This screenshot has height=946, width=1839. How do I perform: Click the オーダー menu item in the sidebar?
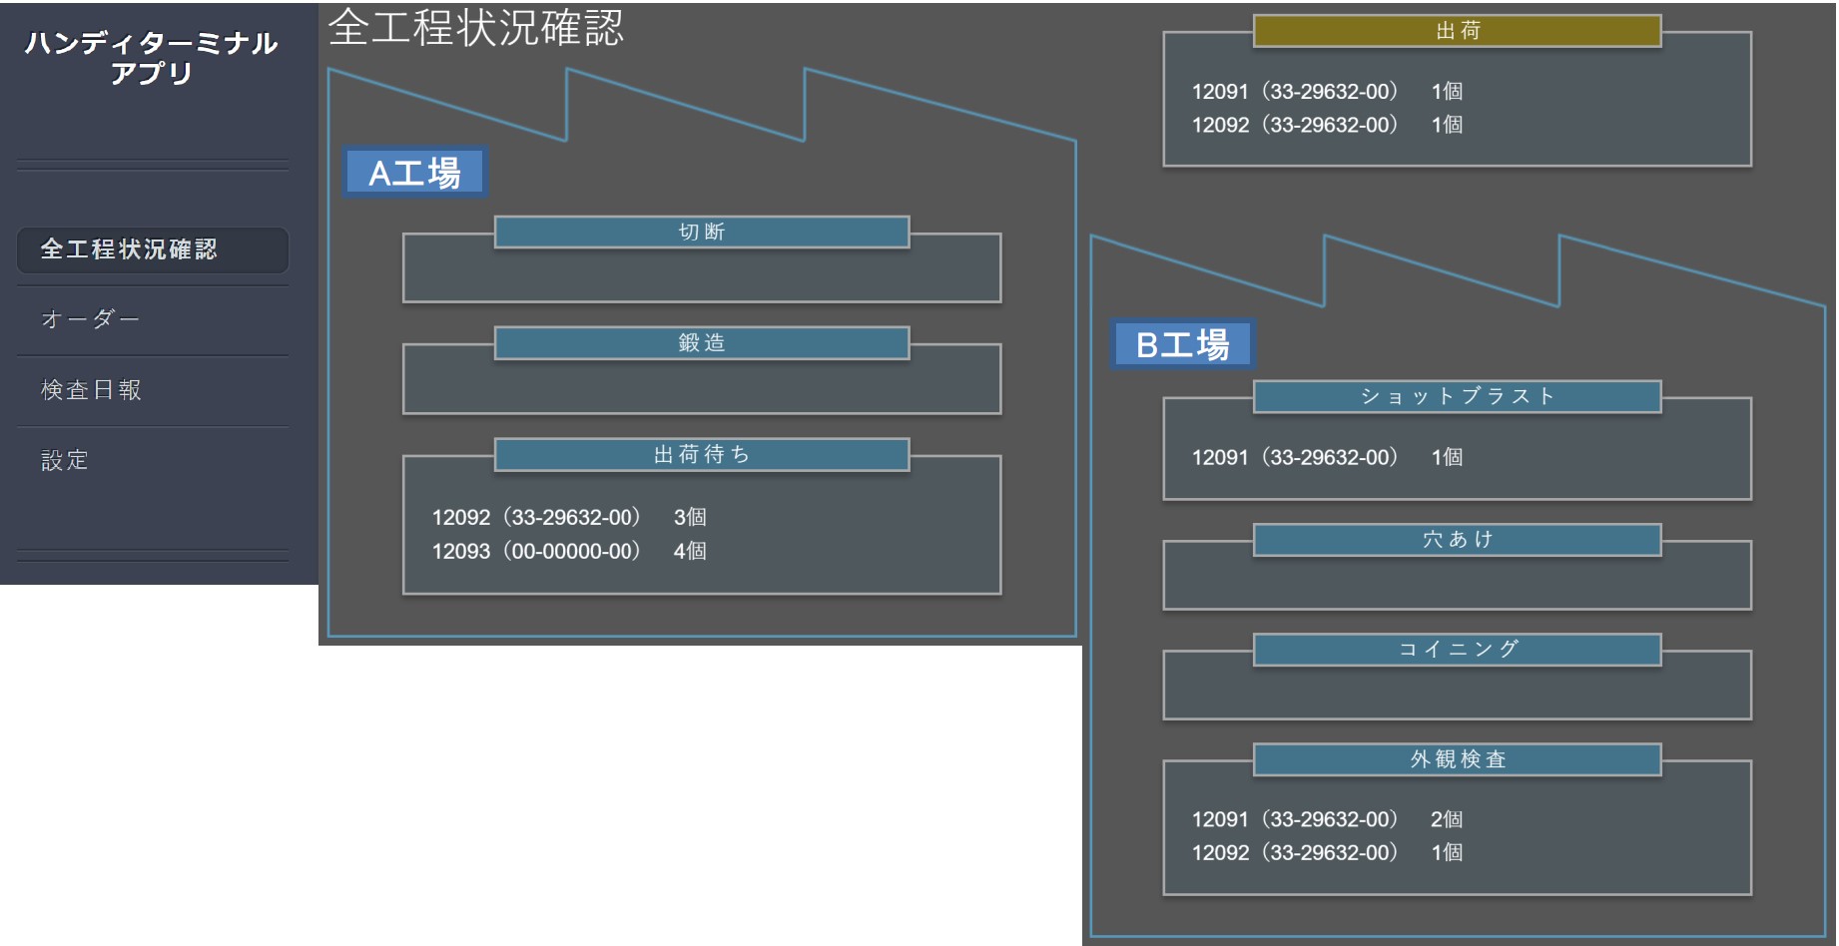click(90, 319)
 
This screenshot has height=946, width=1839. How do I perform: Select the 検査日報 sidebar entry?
click(91, 390)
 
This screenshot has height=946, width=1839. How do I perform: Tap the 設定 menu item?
click(65, 460)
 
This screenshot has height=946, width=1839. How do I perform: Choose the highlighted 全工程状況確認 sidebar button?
click(153, 249)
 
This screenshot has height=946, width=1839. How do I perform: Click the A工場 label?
click(414, 173)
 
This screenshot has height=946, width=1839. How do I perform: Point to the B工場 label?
click(1182, 344)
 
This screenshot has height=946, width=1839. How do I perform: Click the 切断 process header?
click(702, 232)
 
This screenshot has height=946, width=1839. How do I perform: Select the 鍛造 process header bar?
click(702, 343)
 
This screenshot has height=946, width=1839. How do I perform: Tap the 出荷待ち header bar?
click(702, 455)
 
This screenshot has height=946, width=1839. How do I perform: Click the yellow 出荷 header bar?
click(1458, 31)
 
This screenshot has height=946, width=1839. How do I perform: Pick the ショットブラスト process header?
click(1458, 396)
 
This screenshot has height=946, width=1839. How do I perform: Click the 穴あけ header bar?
click(1458, 540)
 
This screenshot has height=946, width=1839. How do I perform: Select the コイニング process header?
click(1458, 650)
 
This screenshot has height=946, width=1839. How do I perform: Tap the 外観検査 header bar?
click(1458, 759)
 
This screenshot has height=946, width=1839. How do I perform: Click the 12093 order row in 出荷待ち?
click(569, 551)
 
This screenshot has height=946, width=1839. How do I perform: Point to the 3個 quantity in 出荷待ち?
click(690, 517)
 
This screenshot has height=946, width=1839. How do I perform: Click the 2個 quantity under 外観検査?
click(1447, 819)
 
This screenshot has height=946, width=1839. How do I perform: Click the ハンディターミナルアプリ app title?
click(152, 58)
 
